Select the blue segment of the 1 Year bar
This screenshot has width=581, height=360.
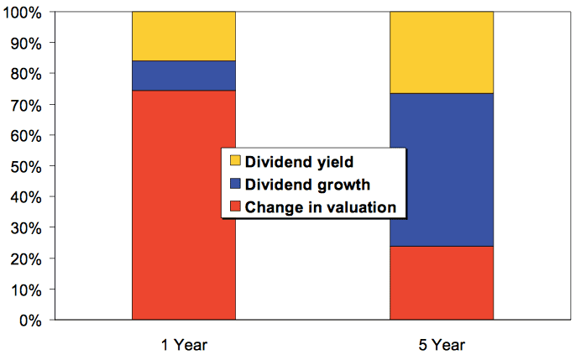(x=183, y=76)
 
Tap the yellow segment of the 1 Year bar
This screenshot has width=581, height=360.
(x=183, y=36)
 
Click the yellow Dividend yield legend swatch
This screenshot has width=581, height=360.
(x=235, y=160)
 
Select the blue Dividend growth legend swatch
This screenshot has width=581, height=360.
(x=235, y=184)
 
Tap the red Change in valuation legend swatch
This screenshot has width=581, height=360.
(x=235, y=206)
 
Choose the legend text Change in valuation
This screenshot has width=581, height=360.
(x=320, y=206)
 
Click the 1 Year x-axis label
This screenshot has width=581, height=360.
(x=184, y=344)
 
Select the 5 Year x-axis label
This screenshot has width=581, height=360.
(x=442, y=344)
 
